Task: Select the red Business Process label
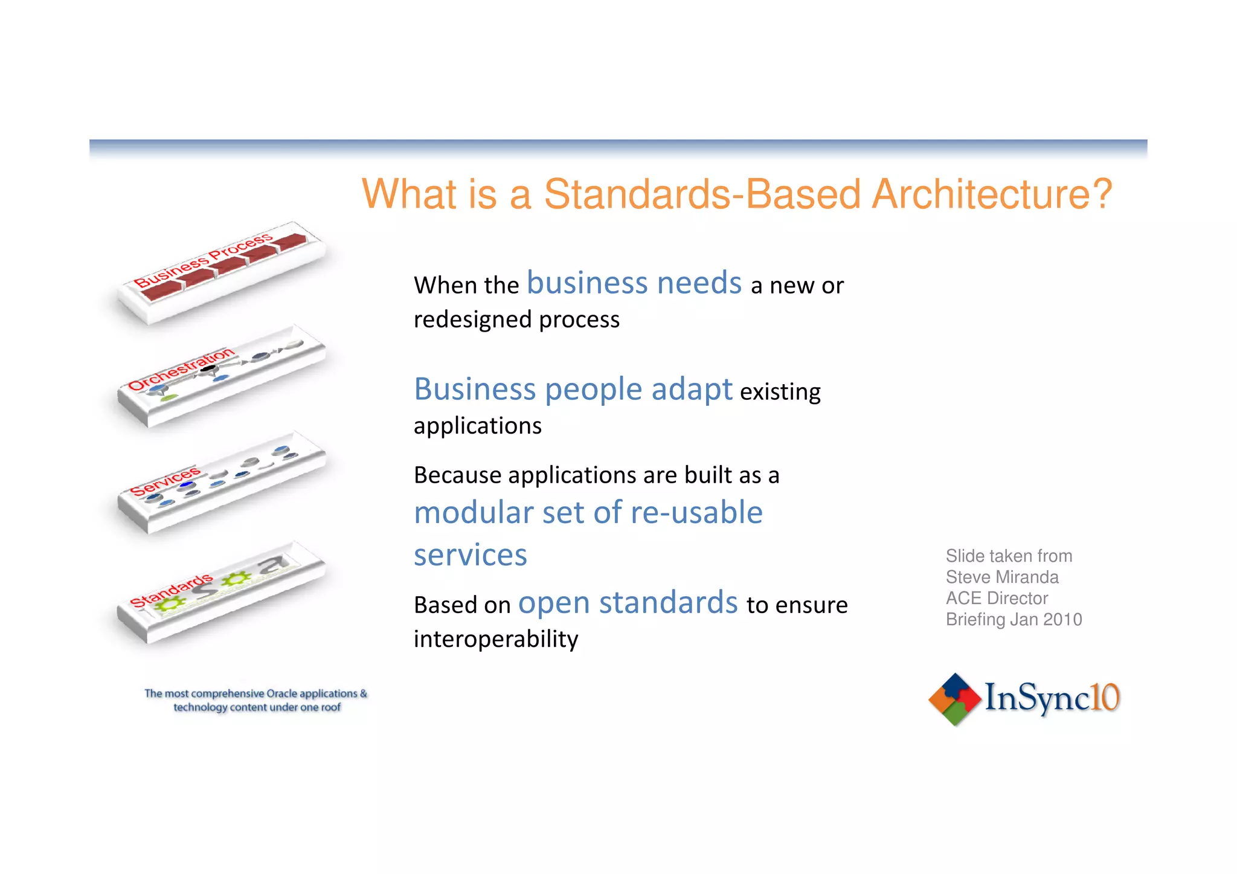pos(203,261)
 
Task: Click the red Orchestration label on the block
pos(181,369)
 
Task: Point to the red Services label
pos(165,481)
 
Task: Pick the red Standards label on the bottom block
pos(172,590)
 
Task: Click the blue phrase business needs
pos(634,283)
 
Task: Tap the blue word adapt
pos(692,389)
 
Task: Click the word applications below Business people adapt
pos(477,426)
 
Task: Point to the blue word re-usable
pos(696,512)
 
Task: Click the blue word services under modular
pos(470,554)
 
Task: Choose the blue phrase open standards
pos(628,603)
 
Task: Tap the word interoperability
pos(495,639)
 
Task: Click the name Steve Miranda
pos(1001,577)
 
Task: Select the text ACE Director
pos(997,598)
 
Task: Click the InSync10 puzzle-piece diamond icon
pos(954,699)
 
